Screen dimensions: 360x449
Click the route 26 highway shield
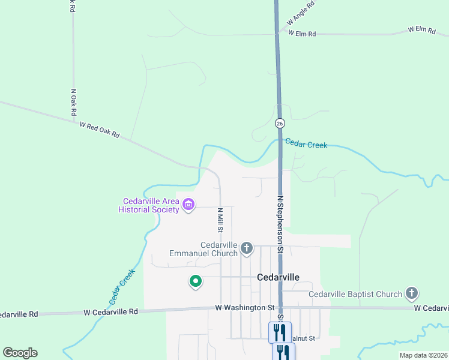(x=280, y=123)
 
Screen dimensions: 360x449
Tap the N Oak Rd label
(x=73, y=103)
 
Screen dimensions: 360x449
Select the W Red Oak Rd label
(x=100, y=130)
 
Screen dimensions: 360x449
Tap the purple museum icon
(x=188, y=205)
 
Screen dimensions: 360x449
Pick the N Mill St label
(x=220, y=220)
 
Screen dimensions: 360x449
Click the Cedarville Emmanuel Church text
(x=203, y=249)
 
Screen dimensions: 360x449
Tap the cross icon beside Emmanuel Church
(x=246, y=247)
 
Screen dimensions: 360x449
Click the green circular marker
(x=195, y=281)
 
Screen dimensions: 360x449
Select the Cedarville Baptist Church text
(x=355, y=294)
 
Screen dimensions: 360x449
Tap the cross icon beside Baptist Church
(x=411, y=293)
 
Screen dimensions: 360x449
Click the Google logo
(x=20, y=353)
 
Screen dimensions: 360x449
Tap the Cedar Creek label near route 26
(x=306, y=144)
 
